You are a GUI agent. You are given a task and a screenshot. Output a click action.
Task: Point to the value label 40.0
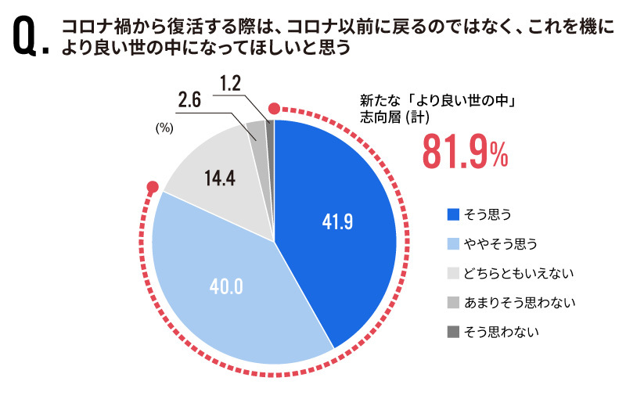pos(226,286)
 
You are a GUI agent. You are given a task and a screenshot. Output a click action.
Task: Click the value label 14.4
pos(221,178)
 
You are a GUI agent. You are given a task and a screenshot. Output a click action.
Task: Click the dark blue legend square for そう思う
pos(453,213)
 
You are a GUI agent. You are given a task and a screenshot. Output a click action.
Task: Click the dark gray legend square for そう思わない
pos(453,332)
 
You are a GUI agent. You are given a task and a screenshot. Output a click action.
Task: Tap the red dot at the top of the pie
pos(274,109)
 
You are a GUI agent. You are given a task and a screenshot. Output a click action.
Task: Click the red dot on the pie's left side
pos(153,188)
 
